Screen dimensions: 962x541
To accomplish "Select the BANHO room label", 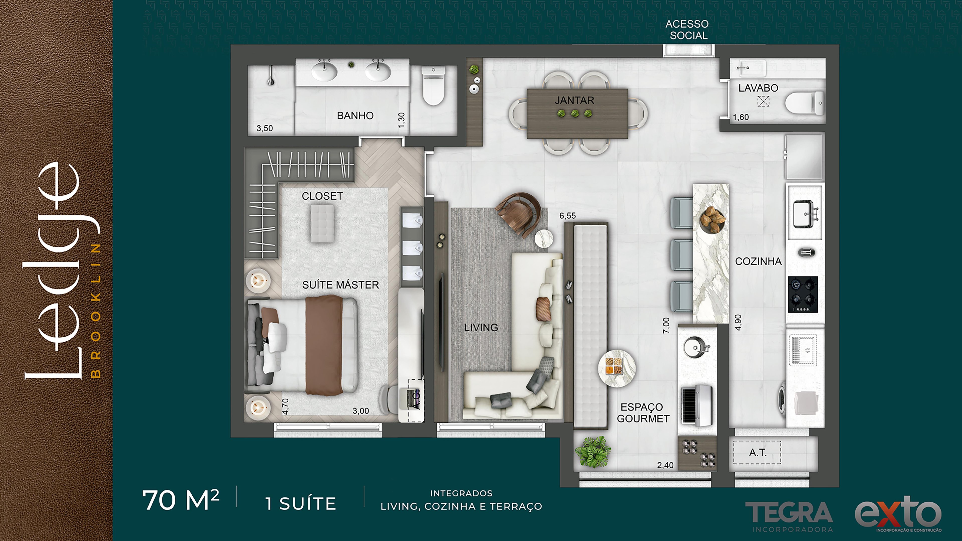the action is point(355,116).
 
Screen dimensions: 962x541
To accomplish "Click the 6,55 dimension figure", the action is point(567,216).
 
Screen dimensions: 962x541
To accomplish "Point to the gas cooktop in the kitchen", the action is point(803,295).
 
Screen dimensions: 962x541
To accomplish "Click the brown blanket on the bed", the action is point(324,345).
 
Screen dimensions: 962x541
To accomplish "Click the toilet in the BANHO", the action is point(433,86).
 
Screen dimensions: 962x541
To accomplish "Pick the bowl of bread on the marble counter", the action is point(712,220).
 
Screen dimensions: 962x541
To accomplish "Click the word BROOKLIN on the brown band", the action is point(96,311).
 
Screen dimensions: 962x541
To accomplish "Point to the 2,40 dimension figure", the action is point(665,465).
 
